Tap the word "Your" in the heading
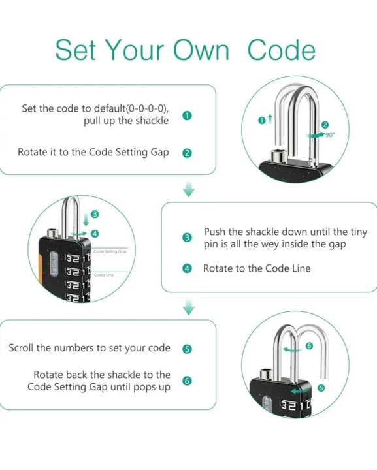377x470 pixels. [x=135, y=50]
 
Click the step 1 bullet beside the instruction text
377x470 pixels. [x=187, y=116]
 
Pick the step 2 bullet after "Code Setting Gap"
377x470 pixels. [x=187, y=153]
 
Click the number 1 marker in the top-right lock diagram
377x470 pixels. [x=261, y=119]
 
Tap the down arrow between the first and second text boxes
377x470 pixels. [x=189, y=189]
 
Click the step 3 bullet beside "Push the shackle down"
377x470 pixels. [x=188, y=238]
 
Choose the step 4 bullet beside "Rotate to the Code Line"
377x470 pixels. [x=188, y=268]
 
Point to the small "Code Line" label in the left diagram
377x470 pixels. [x=104, y=275]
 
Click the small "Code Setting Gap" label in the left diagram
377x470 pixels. [x=110, y=251]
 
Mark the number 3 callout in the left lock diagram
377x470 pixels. [x=95, y=214]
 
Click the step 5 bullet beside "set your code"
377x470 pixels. [x=188, y=349]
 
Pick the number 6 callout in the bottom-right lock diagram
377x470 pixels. [x=309, y=346]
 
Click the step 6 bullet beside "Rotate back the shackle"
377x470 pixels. [x=188, y=381]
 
